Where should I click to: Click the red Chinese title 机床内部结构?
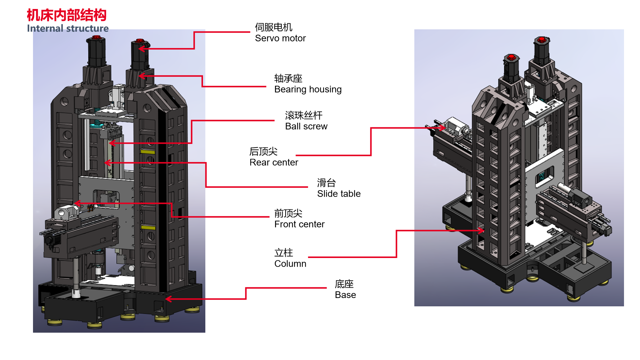coord(66,15)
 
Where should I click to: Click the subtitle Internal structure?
coord(68,28)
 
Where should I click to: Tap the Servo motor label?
coord(280,33)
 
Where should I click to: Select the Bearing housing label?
coord(308,84)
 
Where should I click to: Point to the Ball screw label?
coord(306,121)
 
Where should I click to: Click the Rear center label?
coord(273,157)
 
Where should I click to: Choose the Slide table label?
coord(338,188)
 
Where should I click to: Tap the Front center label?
coord(299,219)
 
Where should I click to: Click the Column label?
coord(290,258)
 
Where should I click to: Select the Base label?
coord(345,289)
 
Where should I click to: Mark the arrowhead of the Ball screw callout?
coord(111,143)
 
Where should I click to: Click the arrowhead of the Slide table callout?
coord(106,163)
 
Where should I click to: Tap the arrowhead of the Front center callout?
coord(77,203)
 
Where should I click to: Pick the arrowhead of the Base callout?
coord(168,299)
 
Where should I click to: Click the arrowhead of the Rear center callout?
coord(443,128)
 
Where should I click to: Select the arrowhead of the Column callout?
coord(482,230)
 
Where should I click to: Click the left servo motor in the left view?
coord(97,52)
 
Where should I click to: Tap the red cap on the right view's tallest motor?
coord(542,40)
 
